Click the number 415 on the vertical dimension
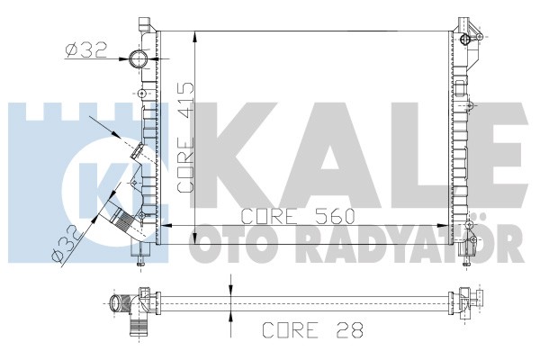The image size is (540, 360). click(x=185, y=101)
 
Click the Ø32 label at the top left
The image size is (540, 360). click(x=86, y=50)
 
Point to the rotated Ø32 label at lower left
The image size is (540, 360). click(x=67, y=245)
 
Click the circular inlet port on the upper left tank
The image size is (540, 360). click(x=139, y=58)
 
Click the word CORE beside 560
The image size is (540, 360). click(x=268, y=216)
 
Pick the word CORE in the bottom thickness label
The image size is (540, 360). click(x=291, y=330)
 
